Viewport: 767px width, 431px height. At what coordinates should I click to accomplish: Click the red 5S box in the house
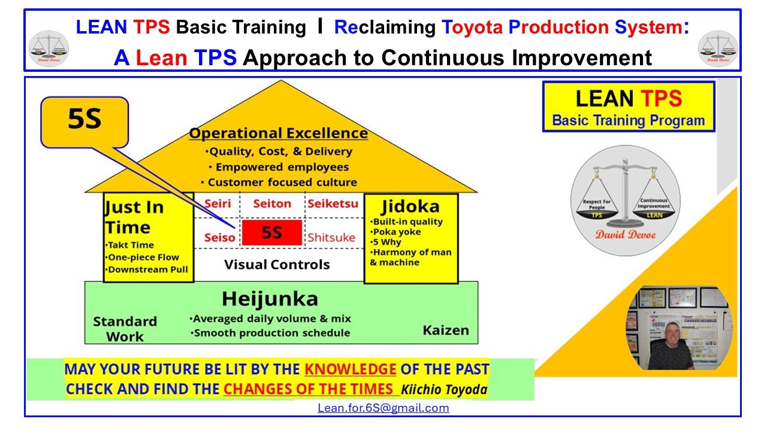(271, 233)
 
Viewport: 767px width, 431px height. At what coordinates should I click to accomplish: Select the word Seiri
(218, 204)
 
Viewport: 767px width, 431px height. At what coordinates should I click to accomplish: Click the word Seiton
(272, 204)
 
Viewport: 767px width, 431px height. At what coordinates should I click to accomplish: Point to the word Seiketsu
(333, 204)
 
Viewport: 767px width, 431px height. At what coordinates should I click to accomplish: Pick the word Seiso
(219, 237)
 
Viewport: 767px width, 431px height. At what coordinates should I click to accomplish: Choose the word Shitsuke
(331, 237)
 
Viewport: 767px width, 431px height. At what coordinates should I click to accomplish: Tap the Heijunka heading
(270, 299)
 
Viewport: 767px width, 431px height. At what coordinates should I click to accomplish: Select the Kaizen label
(446, 330)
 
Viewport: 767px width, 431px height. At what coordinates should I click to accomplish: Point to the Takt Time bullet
(130, 245)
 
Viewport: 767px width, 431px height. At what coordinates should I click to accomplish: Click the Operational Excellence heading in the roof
(278, 133)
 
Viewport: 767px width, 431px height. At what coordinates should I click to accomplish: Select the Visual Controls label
(277, 264)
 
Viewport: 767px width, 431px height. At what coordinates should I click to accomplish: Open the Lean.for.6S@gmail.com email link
(383, 408)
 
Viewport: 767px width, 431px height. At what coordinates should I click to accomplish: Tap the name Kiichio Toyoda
(444, 390)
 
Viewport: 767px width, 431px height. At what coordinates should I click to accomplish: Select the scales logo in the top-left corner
(49, 48)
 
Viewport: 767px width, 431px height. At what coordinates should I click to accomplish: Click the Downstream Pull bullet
(147, 269)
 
